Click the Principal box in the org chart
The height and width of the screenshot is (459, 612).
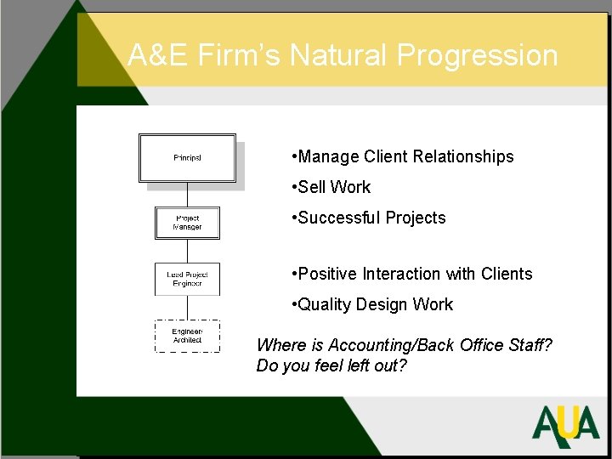click(187, 158)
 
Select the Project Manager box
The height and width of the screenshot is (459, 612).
click(187, 223)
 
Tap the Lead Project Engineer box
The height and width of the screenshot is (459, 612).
click(187, 279)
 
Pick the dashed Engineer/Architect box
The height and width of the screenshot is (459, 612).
click(187, 336)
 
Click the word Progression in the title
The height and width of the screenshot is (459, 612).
click(477, 56)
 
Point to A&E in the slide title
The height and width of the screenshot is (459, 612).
click(158, 56)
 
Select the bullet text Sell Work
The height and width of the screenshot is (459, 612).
click(334, 187)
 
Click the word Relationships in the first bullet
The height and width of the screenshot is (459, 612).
click(462, 156)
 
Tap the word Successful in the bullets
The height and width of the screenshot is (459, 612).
click(339, 218)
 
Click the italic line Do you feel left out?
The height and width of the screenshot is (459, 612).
click(332, 365)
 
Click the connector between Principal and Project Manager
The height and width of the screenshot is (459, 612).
click(187, 195)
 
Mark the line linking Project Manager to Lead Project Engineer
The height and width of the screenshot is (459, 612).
click(187, 251)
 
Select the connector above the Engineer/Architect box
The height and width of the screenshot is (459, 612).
click(187, 308)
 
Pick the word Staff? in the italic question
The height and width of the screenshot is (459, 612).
click(527, 345)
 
